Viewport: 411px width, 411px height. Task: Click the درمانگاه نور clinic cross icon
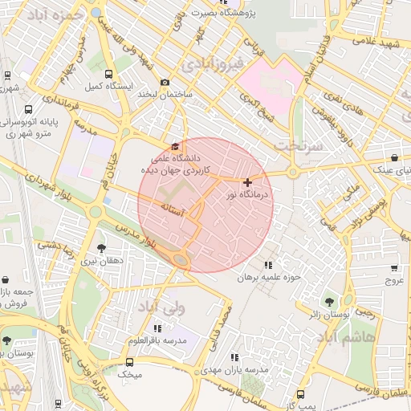[247, 183]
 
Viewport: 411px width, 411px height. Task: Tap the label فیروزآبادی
[212, 63]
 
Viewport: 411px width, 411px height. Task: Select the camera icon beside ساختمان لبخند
[165, 82]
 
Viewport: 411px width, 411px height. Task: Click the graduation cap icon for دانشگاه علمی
[176, 146]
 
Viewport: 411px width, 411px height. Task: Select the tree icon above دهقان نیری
[101, 248]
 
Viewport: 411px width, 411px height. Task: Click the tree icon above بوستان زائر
[330, 303]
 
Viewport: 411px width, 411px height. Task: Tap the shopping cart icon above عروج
[394, 268]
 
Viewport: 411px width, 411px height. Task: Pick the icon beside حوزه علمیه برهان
[268, 265]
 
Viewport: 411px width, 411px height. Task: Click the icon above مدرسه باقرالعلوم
[157, 328]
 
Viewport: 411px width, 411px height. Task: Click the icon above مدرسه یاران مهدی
[234, 357]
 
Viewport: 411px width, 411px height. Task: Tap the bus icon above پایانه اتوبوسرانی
[29, 110]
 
